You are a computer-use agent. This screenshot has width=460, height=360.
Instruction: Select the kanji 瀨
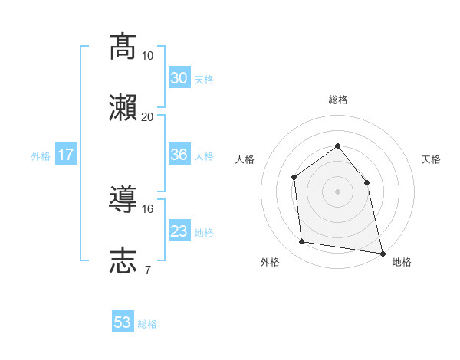coord(123,108)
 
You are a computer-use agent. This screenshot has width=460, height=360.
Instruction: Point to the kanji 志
coord(123,260)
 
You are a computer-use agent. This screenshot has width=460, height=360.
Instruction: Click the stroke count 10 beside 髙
coord(147,56)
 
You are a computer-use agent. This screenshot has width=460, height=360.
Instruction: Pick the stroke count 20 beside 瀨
coord(147,116)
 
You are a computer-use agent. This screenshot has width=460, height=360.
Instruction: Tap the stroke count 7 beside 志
coord(147,270)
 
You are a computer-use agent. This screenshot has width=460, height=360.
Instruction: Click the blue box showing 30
coord(179,78)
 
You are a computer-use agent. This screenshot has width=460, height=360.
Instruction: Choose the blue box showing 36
coord(179,155)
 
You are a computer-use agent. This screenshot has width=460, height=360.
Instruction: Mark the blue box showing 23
coord(179,231)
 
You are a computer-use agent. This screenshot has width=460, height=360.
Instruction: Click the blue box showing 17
coord(66,155)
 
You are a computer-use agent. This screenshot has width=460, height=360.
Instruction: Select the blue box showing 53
coord(123,322)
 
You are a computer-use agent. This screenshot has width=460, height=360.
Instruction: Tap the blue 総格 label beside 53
coord(147,324)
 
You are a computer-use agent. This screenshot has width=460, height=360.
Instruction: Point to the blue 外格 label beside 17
coord(41,156)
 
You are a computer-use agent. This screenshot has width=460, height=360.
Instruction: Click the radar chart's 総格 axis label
coord(337,100)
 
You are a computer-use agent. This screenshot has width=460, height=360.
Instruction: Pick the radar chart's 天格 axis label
coord(431,159)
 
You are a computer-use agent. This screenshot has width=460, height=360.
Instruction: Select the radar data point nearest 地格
coord(382,253)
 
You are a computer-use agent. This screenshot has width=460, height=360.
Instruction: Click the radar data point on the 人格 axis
coord(294,178)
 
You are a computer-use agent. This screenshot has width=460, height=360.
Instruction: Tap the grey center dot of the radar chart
coord(337,191)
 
